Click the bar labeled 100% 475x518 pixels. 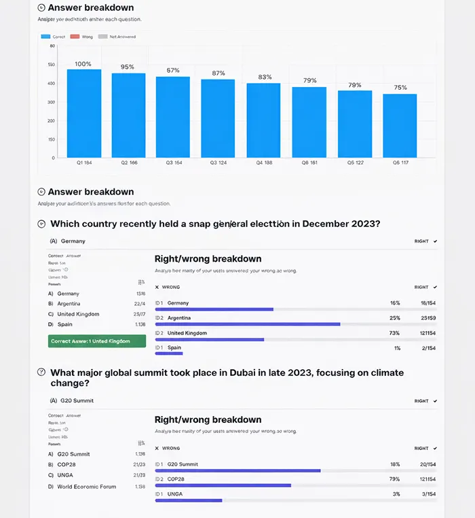coord(83,113)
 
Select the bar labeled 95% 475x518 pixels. coord(128,115)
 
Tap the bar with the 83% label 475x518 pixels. coord(263,120)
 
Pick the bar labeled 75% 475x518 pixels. coord(400,126)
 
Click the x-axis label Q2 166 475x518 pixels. coord(129,163)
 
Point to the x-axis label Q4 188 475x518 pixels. coord(263,163)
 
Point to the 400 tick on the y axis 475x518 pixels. coord(51,84)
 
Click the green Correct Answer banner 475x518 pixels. coord(96,341)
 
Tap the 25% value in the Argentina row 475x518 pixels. coord(394,318)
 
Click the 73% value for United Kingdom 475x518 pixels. coord(394,333)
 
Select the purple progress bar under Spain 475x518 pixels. coord(169,353)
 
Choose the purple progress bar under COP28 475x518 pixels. coord(223,485)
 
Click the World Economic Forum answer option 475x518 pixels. coord(86,487)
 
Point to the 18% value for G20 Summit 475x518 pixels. coord(394,464)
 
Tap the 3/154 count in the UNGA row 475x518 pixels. coord(427,494)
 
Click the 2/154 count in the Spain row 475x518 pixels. coord(427,348)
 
